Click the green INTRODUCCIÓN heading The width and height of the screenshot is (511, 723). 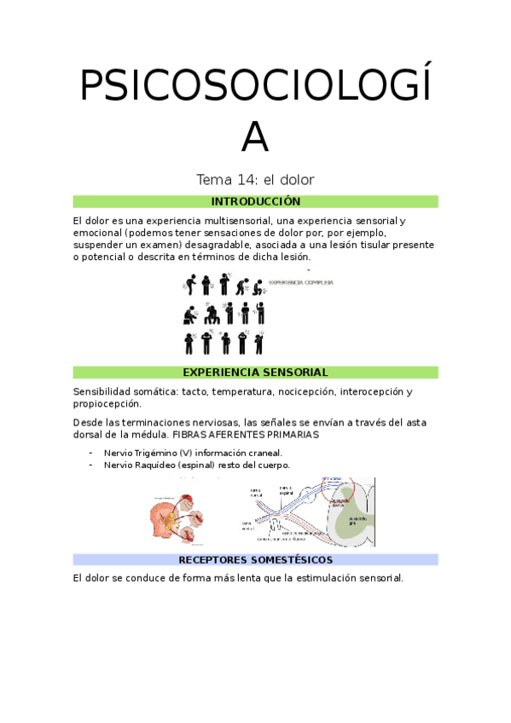255,201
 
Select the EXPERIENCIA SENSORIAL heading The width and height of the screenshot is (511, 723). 255,373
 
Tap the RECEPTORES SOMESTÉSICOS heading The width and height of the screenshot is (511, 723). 255,560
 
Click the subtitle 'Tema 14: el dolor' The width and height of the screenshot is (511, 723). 255,180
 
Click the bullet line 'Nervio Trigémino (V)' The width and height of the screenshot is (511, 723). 192,453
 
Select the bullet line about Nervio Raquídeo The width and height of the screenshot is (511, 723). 196,465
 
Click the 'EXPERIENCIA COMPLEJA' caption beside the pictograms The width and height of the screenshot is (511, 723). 300,282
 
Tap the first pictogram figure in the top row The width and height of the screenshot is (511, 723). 190,285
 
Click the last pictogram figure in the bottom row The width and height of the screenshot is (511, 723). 259,343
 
